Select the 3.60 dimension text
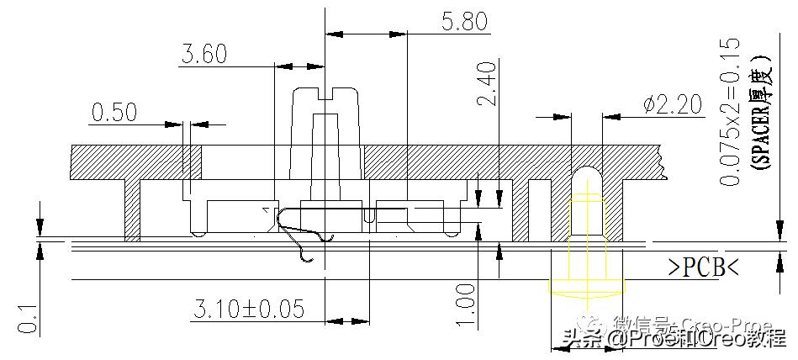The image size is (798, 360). [x=204, y=55]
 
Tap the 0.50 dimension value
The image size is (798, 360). [x=114, y=112]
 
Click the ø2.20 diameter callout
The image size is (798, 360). [x=672, y=104]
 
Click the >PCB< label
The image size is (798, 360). [x=703, y=268]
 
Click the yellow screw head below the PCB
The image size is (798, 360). [x=586, y=283]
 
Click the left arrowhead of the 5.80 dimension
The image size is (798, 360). [x=333, y=34]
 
